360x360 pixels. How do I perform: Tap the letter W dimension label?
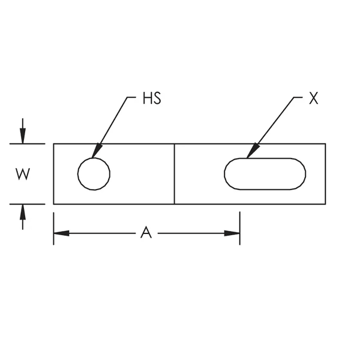pos(22,174)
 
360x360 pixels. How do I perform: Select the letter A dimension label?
pos(145,233)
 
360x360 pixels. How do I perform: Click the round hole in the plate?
pos(94,174)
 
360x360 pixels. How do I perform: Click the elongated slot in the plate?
pos(265,174)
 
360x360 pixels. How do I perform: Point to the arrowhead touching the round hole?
pos(97,153)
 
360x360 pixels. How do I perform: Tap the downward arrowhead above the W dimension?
pos(23,137)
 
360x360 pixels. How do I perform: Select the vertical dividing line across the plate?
pos(175,174)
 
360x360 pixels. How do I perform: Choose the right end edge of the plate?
pos(326,174)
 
